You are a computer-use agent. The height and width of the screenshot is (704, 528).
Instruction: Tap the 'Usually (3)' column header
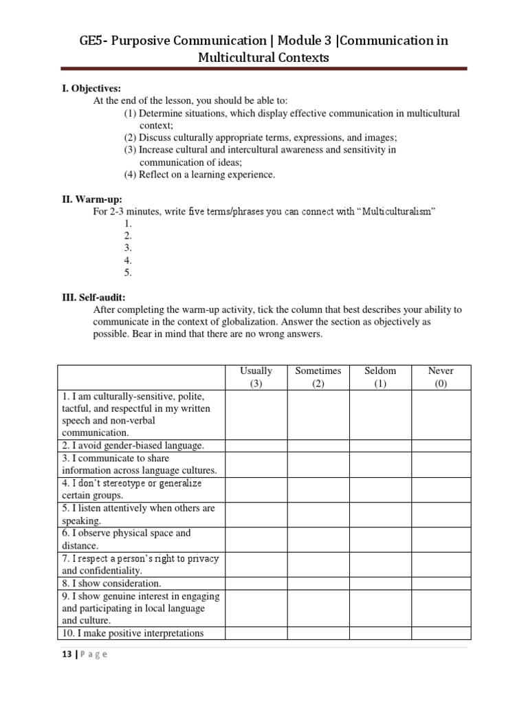256,377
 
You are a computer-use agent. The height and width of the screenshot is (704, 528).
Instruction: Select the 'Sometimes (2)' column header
318,377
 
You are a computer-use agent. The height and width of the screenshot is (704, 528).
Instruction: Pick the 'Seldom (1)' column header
380,377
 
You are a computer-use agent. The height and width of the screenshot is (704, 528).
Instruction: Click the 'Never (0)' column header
441,377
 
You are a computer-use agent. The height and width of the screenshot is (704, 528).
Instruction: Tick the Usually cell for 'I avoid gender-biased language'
256,445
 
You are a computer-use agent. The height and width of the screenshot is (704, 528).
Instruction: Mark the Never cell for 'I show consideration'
441,583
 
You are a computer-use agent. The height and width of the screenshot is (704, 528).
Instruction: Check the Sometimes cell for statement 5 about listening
318,514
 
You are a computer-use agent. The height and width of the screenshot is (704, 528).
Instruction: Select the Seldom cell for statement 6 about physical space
380,540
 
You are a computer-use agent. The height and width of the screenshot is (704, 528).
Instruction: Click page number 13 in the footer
66,654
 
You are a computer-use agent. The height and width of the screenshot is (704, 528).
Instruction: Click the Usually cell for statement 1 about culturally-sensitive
256,415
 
